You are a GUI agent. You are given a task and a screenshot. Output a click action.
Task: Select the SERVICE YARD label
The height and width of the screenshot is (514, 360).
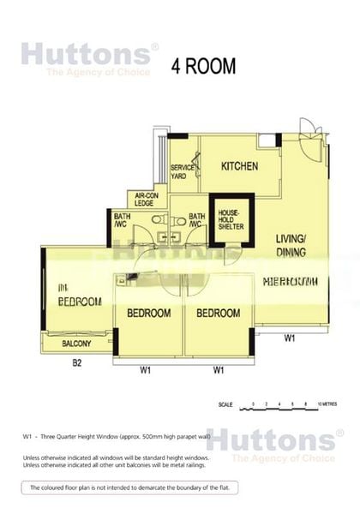click(x=179, y=171)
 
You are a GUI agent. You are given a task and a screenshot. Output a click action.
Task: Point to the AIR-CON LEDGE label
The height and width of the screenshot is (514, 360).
click(x=143, y=200)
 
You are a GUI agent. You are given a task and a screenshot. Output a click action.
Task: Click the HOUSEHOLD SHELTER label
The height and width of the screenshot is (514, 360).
click(x=229, y=221)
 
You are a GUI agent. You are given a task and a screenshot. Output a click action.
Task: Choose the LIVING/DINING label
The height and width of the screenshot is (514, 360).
click(x=291, y=245)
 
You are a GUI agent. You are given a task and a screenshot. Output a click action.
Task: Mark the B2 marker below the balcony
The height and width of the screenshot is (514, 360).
click(x=76, y=363)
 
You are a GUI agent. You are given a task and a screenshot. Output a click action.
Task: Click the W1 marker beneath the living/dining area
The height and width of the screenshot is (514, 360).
click(x=290, y=338)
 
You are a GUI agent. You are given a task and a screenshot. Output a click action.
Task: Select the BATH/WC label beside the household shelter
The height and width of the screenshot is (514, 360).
click(x=197, y=220)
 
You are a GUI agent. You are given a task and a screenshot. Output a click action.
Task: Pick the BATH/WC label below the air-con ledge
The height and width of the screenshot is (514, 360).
click(x=122, y=220)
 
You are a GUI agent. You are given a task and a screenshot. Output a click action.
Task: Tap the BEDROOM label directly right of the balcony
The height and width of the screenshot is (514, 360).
click(x=148, y=314)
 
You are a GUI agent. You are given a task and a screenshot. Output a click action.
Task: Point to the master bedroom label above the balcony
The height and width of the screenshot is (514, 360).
click(x=79, y=296)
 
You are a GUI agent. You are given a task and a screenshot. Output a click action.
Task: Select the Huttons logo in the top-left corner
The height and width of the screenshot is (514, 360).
click(x=89, y=57)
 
